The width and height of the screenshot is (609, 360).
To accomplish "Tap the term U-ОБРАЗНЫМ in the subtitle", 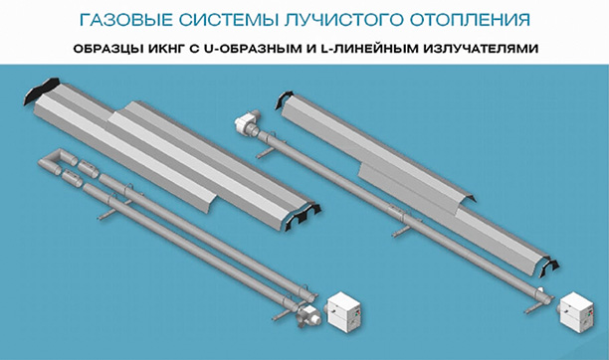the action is (x=254, y=49).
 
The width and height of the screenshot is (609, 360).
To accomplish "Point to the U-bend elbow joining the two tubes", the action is (x=51, y=160).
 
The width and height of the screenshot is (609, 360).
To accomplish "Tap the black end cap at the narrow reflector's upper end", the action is (x=284, y=99).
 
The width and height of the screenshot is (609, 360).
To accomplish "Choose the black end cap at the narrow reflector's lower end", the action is (x=550, y=267).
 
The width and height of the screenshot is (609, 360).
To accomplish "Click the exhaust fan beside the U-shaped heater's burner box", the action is (x=308, y=314).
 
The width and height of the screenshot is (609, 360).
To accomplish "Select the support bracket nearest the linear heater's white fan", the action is (x=266, y=153).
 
